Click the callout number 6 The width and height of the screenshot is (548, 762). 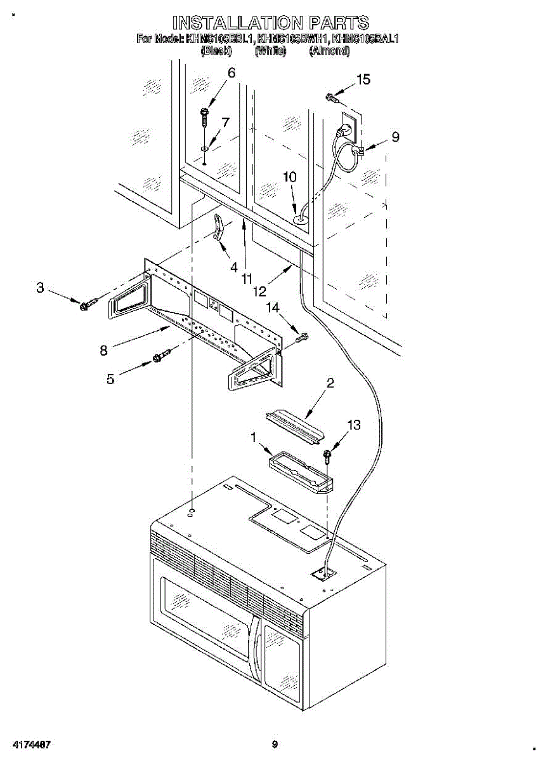pyautogui.click(x=231, y=74)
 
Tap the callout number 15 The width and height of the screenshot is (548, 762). pyautogui.click(x=363, y=80)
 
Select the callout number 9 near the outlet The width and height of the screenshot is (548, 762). pyautogui.click(x=395, y=137)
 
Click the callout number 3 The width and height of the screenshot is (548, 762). pyautogui.click(x=40, y=288)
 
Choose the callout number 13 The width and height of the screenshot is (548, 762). pyautogui.click(x=353, y=425)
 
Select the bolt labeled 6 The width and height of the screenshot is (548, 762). pyautogui.click(x=205, y=118)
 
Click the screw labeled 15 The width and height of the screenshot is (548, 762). pyautogui.click(x=331, y=97)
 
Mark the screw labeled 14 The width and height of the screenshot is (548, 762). pyautogui.click(x=301, y=338)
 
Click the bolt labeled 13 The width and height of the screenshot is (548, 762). pyautogui.click(x=327, y=456)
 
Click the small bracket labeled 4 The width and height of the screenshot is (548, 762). pyautogui.click(x=218, y=227)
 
